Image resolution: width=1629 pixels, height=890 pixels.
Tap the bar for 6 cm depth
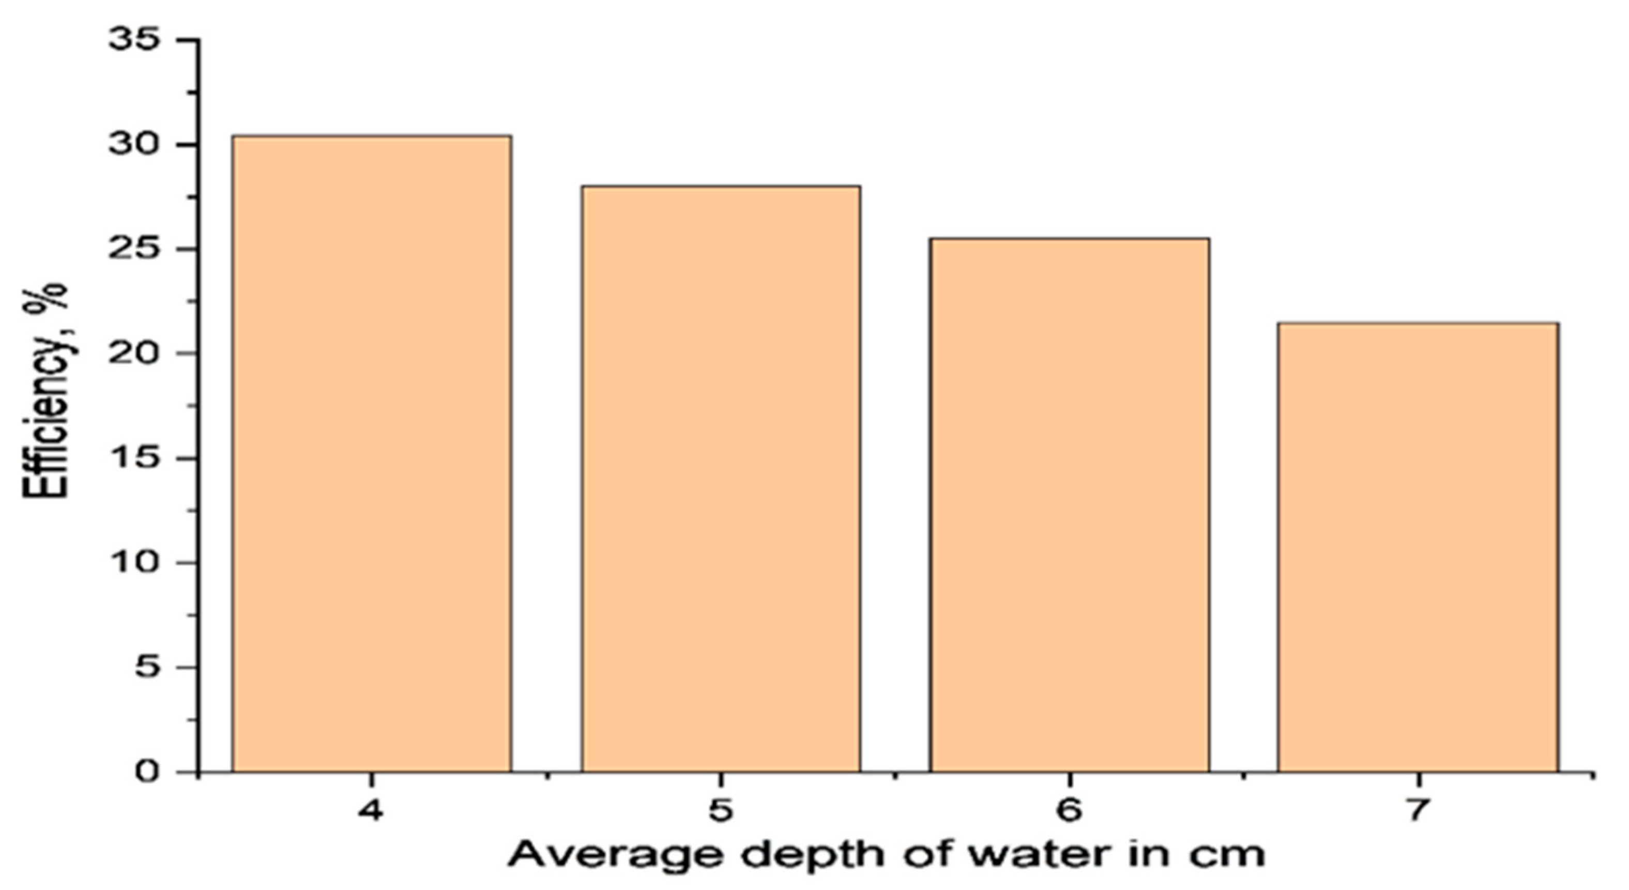pyautogui.click(x=1069, y=505)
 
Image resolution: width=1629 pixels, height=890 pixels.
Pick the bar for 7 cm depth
pyautogui.click(x=1418, y=547)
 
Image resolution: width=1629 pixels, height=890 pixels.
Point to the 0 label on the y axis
pyautogui.click(x=146, y=772)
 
